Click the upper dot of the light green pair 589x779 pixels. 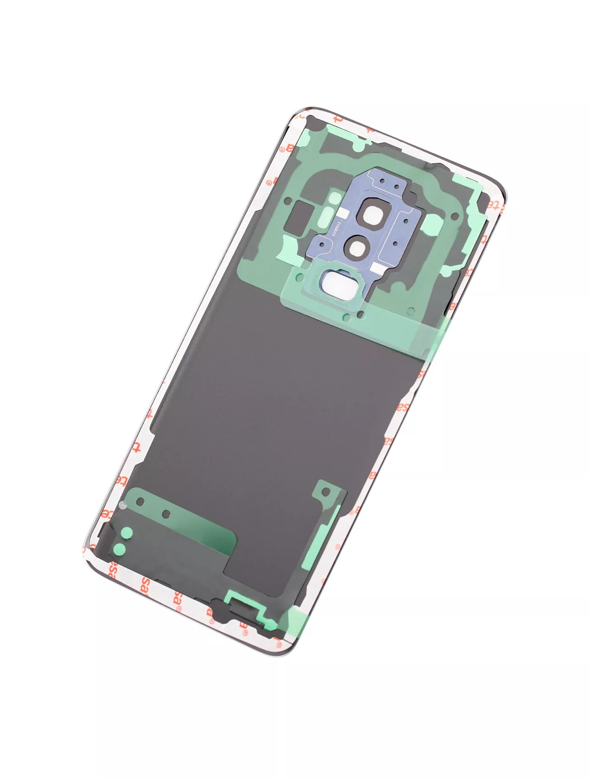(126, 533)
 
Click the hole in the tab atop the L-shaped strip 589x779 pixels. (327, 492)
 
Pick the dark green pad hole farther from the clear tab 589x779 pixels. (165, 514)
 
